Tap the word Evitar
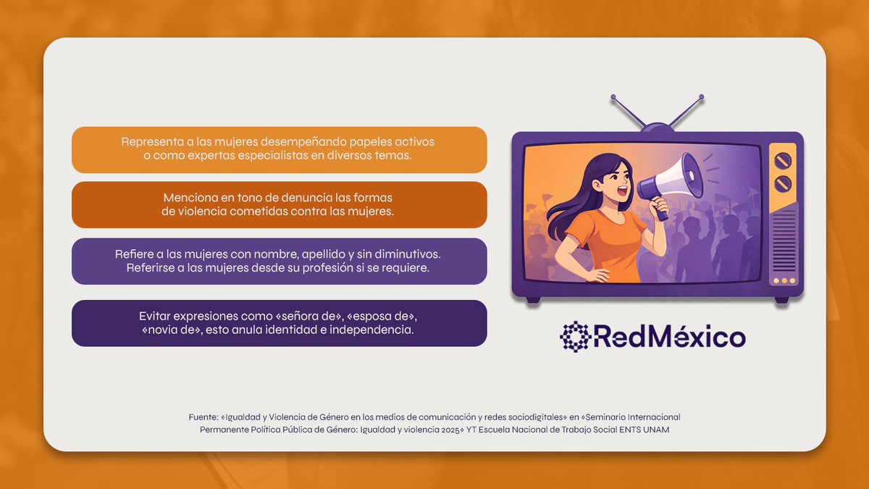pyautogui.click(x=157, y=317)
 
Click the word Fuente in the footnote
pyautogui.click(x=203, y=417)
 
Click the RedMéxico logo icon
pyautogui.click(x=576, y=337)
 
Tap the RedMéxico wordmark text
pyautogui.click(x=670, y=338)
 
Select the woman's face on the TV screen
pyautogui.click(x=612, y=177)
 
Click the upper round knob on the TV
pyautogui.click(x=783, y=160)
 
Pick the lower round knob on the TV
pyautogui.click(x=783, y=183)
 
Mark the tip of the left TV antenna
pyautogui.click(x=613, y=96)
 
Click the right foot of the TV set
pyautogui.click(x=781, y=299)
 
